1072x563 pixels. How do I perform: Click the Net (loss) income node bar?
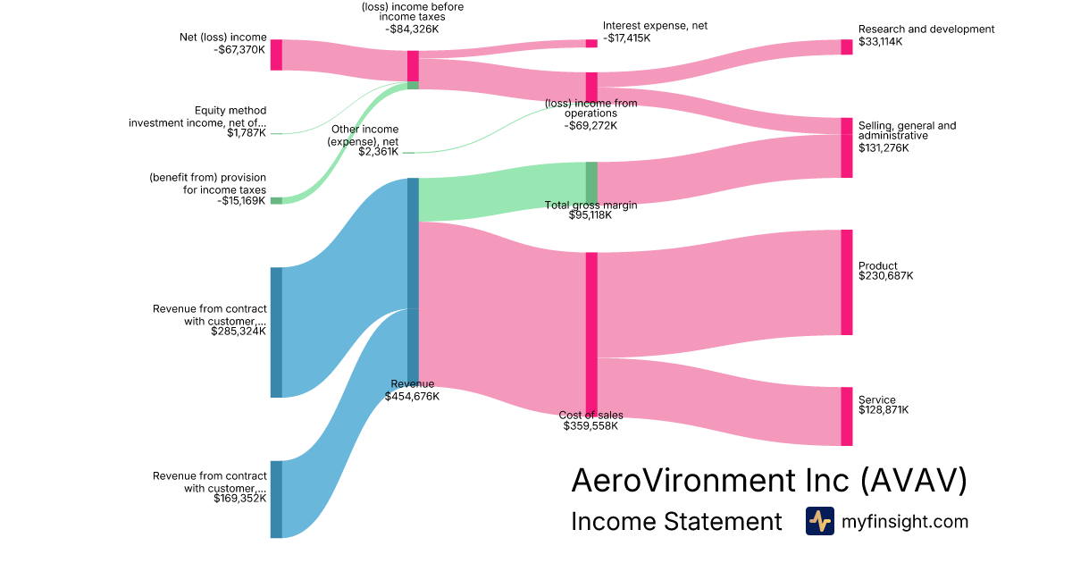pos(276,55)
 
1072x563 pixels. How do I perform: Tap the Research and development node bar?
pos(846,46)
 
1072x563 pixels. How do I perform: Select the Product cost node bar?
pos(846,282)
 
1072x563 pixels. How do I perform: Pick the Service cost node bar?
pos(846,416)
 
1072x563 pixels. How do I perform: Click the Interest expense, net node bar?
pos(591,43)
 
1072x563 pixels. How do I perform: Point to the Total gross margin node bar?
pos(591,182)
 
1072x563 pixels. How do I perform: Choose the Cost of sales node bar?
pos(591,333)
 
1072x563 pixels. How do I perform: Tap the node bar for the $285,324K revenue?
pos(276,332)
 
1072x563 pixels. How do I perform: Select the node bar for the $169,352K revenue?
pos(276,499)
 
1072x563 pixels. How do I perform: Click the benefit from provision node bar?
pos(276,200)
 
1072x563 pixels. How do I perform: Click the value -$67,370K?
pos(239,50)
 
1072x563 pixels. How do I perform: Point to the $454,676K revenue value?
pos(412,396)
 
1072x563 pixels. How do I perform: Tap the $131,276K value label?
pos(884,147)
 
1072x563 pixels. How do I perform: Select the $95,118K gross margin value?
pos(590,215)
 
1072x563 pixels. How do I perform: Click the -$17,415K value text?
pos(628,38)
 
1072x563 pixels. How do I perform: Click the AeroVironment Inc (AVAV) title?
pos(768,481)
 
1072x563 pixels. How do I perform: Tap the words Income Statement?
pos(676,521)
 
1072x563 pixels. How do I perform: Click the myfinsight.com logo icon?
pos(819,521)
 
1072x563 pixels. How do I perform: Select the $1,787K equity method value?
pos(247,133)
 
